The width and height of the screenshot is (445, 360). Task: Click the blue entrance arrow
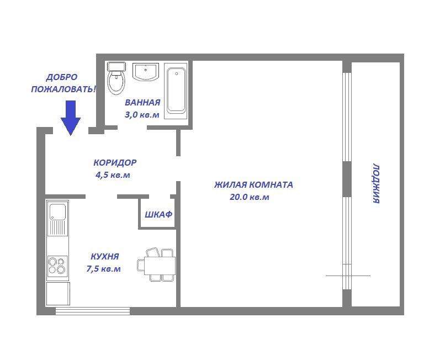[71, 118]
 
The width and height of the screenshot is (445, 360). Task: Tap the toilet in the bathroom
[116, 78]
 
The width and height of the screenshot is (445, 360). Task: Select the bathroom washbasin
[146, 72]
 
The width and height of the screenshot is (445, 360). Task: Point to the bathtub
[176, 91]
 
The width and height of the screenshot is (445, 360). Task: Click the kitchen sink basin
[57, 212]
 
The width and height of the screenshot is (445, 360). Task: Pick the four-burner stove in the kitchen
[57, 265]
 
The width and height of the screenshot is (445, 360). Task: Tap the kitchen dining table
[160, 265]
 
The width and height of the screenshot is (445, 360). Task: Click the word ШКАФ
[158, 214]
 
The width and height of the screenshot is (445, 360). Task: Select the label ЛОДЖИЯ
[376, 183]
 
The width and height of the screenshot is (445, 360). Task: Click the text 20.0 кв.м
[250, 197]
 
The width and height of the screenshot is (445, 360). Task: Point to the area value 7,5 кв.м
[104, 268]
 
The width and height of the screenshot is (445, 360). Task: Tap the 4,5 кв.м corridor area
[113, 174]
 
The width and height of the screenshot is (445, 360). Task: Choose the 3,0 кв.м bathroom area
[142, 114]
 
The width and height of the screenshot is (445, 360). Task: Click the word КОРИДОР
[115, 163]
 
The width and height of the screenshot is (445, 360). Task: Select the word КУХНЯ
[105, 257]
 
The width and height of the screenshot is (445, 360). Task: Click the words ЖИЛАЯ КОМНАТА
[253, 185]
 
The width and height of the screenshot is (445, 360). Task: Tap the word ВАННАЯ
[142, 102]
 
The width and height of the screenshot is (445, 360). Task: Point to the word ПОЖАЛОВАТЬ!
[63, 89]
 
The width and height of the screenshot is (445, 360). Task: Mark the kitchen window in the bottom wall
[93, 311]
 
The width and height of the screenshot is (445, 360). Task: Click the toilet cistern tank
[116, 66]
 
